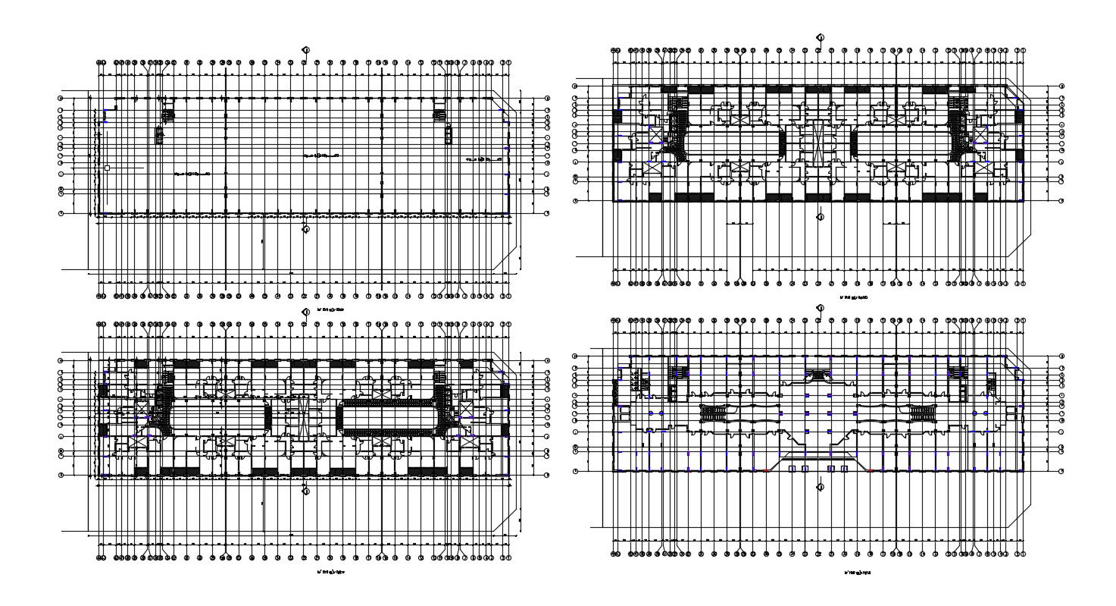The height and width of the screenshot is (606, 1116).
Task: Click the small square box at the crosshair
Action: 108,168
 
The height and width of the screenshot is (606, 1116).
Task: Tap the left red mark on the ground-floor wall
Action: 766,471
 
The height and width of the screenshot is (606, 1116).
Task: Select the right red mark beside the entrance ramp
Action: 870,471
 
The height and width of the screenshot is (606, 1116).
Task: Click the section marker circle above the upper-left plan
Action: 305,50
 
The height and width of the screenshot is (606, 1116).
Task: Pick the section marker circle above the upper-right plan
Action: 820,36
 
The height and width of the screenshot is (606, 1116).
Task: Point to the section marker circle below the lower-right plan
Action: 820,487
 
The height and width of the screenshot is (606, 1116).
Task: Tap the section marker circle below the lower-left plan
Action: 305,491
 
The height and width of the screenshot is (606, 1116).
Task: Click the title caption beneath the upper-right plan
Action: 854,297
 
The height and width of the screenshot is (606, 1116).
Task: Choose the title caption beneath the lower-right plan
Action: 857,573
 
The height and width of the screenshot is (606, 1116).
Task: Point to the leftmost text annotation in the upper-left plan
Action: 192,174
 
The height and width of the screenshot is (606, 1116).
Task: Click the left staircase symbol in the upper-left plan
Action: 167,115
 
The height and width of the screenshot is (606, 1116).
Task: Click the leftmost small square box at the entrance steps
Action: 792,469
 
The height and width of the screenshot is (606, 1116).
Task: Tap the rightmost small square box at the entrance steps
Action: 844,469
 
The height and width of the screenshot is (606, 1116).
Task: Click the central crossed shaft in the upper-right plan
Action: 818,140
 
